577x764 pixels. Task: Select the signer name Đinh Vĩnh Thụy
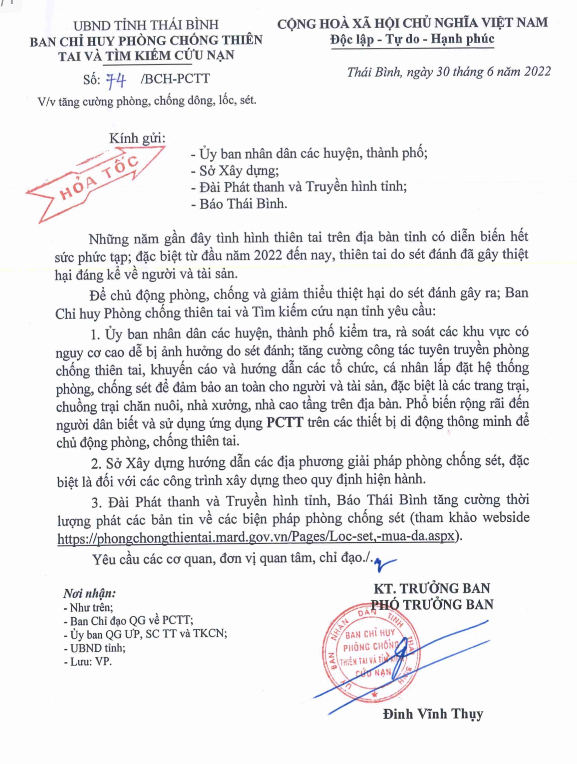coord(433,714)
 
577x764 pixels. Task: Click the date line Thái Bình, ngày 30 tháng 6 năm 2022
coord(448,72)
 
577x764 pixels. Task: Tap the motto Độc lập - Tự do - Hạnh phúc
coord(412,39)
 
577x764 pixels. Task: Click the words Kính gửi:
coord(137,138)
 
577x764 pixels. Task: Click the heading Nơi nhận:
coord(89,593)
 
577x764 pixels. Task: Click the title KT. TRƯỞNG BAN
coord(432,588)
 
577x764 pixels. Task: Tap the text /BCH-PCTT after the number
coord(175,79)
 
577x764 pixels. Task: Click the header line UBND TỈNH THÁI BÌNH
coord(146,25)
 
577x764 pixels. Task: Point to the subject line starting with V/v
coord(147,101)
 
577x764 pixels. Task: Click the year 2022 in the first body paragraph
coord(268,255)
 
